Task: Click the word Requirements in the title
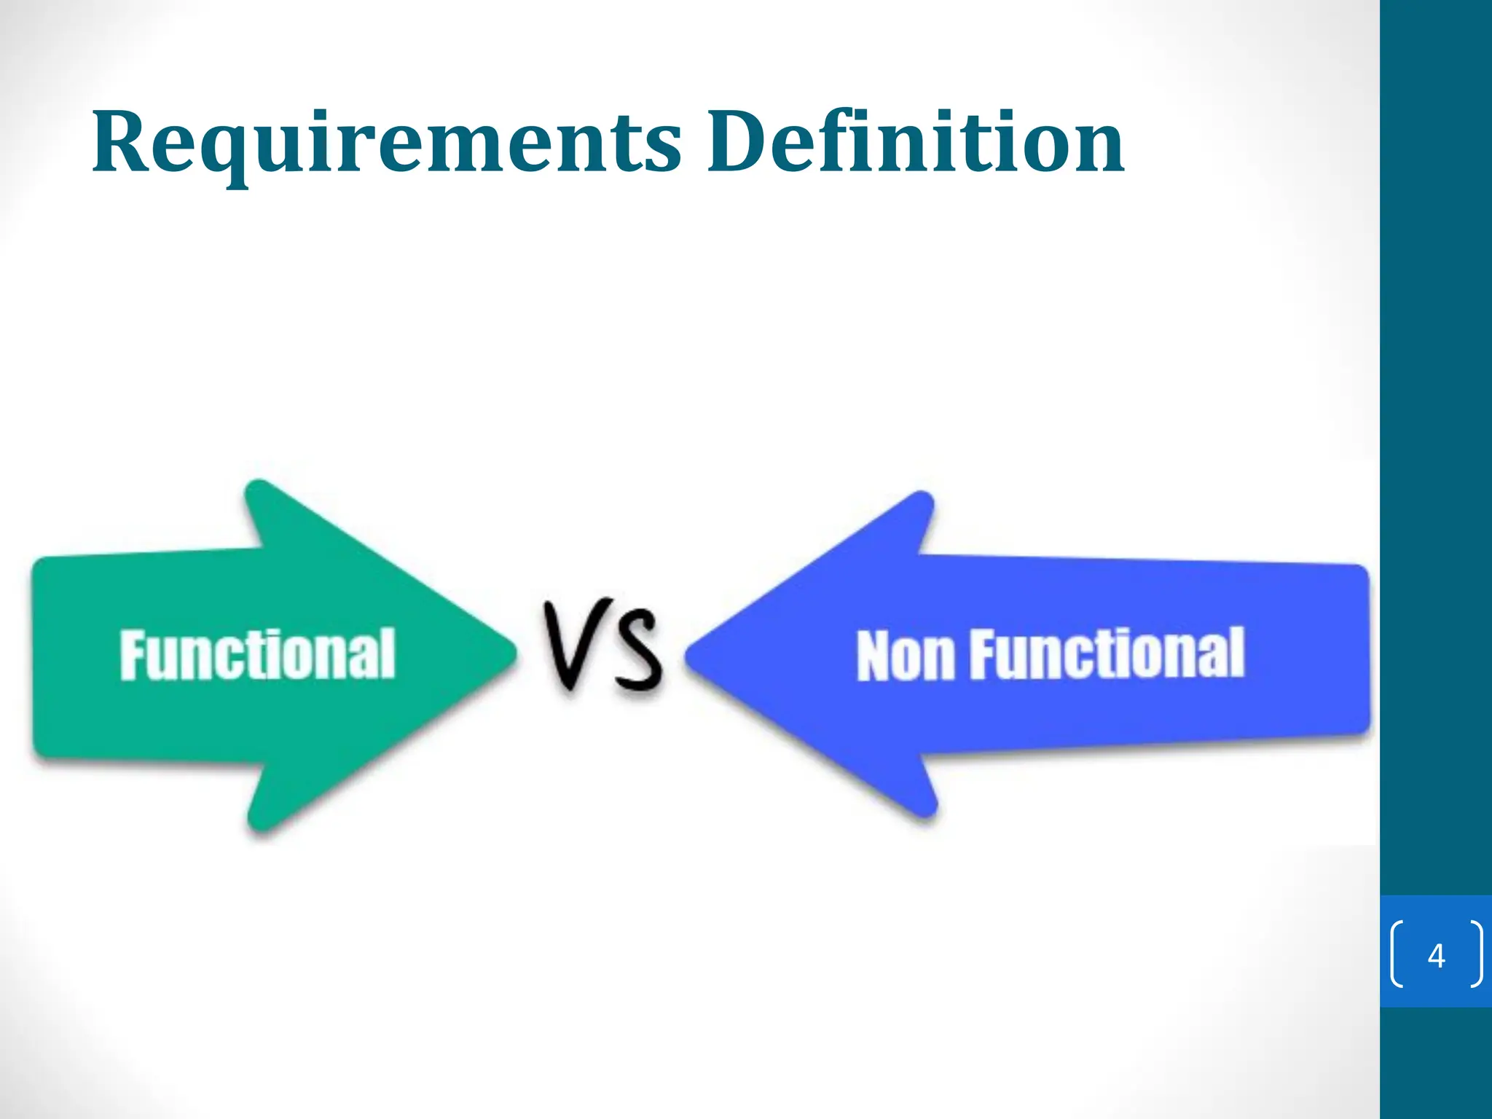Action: pyautogui.click(x=386, y=142)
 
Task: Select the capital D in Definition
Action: pyautogui.click(x=739, y=142)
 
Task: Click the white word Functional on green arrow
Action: pyautogui.click(x=257, y=655)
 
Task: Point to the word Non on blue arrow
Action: pyautogui.click(x=904, y=656)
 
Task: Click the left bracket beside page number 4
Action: pyautogui.click(x=1397, y=954)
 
